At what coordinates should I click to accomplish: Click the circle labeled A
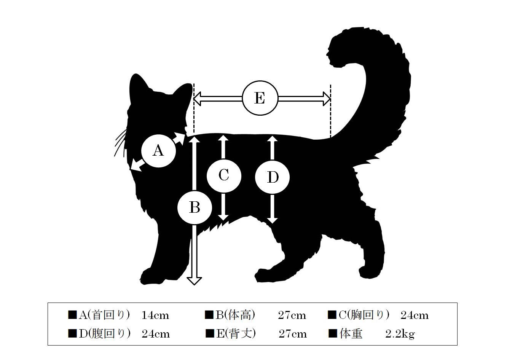tap(158, 151)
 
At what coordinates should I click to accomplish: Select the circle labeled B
tap(195, 207)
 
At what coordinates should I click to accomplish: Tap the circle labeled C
tap(224, 176)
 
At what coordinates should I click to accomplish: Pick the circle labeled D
tap(272, 177)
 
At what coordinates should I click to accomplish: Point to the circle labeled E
tap(260, 98)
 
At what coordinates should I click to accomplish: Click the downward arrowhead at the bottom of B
tap(194, 281)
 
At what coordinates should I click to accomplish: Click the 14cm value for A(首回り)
tap(155, 315)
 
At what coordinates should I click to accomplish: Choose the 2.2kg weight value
tap(400, 334)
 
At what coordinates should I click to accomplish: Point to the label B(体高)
tap(235, 315)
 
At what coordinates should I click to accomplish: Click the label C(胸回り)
tap(364, 315)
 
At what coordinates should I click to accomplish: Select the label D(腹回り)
tap(105, 334)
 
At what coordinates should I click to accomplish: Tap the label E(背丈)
tap(236, 334)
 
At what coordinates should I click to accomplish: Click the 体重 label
tap(351, 334)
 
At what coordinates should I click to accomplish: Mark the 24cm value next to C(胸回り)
tap(415, 315)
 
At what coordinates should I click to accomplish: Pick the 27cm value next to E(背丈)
tap(293, 334)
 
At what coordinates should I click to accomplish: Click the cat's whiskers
tap(121, 143)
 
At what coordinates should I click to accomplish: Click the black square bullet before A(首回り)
tap(72, 315)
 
